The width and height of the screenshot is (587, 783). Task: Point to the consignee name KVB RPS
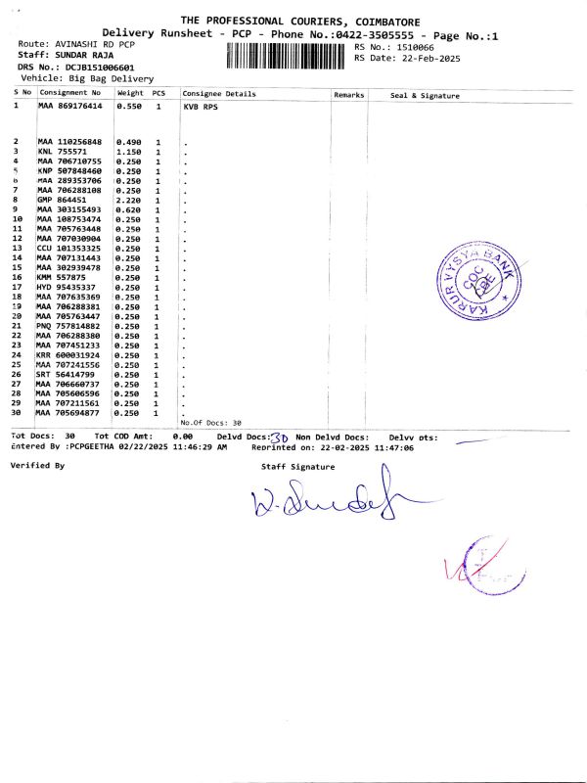pos(201,105)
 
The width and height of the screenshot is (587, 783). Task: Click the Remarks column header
pos(349,95)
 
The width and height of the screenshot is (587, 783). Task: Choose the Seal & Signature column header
pos(425,95)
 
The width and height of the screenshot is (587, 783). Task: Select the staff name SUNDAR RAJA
pos(89,57)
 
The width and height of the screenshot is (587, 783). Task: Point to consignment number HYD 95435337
pos(68,287)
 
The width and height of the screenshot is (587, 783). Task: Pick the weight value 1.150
pos(130,152)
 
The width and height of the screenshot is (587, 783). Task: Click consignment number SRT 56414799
pos(68,375)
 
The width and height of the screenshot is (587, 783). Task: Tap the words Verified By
pos(37,466)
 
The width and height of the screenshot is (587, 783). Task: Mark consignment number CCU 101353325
pos(69,248)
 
